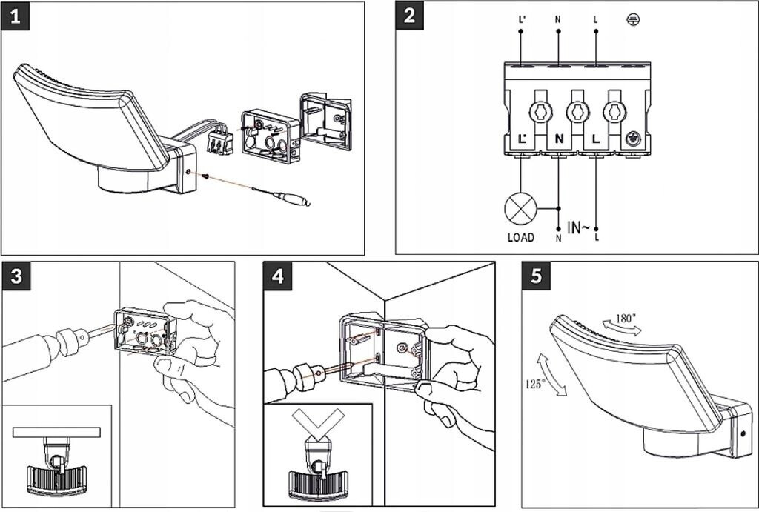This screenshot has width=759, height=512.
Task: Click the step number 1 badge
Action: coord(16,16)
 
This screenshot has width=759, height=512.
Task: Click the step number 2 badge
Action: coord(409,16)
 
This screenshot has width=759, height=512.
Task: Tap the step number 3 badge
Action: coord(16,276)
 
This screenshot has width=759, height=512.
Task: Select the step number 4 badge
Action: coord(278,276)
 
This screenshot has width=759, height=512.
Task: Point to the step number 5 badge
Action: coord(537,276)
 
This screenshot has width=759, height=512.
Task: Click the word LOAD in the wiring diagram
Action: coord(521,238)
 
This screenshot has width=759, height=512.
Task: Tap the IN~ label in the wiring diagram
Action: coord(578,227)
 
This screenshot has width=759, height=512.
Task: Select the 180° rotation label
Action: coord(626,319)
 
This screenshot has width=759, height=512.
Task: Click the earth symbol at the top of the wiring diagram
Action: coord(633,19)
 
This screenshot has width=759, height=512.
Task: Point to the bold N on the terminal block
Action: coord(559,139)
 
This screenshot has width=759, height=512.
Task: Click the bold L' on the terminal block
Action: coord(523,139)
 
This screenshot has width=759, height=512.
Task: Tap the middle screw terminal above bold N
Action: coord(577,113)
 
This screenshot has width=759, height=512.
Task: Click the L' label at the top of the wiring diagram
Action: coord(521,20)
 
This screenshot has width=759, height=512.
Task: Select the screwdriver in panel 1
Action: coord(281,195)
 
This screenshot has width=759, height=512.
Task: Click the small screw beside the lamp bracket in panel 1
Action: coord(206,177)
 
